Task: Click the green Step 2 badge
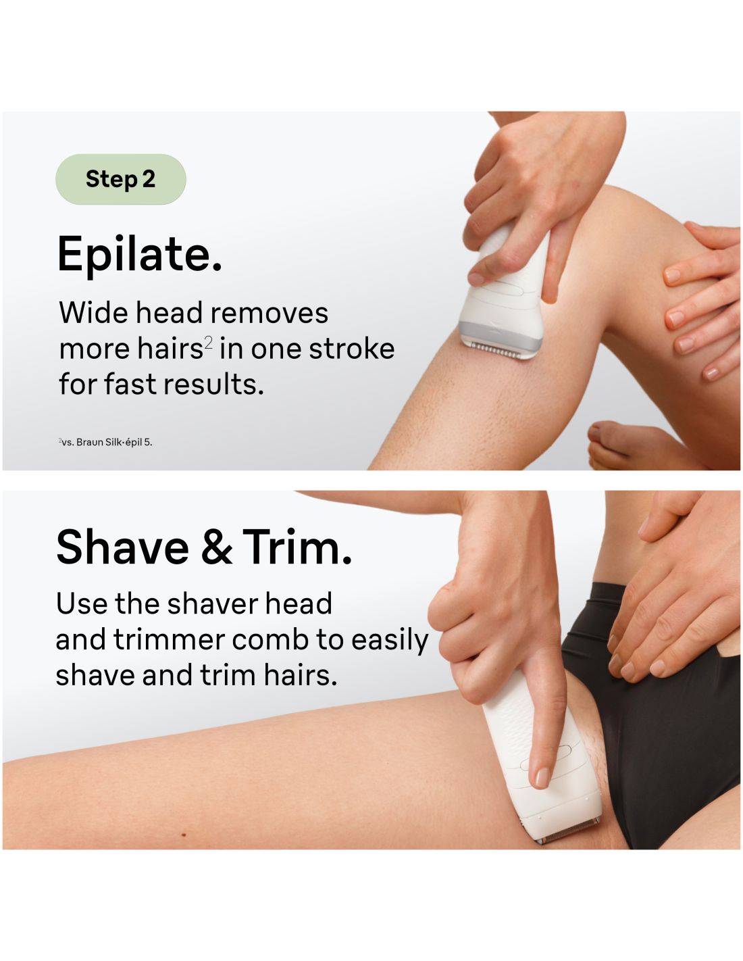tap(120, 178)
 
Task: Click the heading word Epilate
tap(139, 254)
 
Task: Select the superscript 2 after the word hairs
tap(208, 342)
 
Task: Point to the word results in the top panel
tap(214, 383)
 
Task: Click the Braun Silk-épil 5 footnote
tap(105, 442)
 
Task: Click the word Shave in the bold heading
tap(122, 547)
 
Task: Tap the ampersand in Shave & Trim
tap(216, 547)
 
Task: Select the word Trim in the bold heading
tap(297, 547)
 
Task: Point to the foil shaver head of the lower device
tap(568, 832)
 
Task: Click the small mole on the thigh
tap(184, 835)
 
